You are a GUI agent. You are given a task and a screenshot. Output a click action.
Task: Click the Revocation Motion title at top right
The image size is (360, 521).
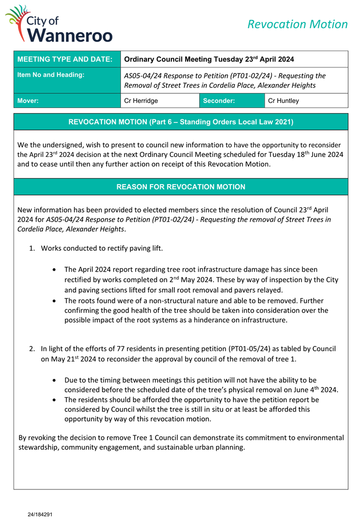coord(297,24)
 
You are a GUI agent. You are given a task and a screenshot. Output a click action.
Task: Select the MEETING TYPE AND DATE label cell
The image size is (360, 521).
coord(65,59)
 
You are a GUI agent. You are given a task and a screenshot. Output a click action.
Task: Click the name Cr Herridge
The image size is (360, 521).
coord(141,101)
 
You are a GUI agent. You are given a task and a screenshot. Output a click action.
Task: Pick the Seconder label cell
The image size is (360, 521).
coord(219,101)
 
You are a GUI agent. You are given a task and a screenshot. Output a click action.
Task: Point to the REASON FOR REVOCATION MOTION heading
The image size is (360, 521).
coord(181,187)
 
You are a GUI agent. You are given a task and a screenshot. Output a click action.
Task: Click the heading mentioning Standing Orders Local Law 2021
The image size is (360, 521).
coord(181,122)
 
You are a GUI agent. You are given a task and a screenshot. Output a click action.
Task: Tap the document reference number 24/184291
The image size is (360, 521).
coord(40,514)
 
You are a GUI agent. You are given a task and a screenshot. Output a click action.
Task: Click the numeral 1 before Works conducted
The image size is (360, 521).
coord(32,249)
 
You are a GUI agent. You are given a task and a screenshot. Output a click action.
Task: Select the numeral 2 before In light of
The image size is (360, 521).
coord(32,349)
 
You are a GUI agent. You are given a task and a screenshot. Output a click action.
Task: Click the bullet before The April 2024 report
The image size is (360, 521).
coord(55,270)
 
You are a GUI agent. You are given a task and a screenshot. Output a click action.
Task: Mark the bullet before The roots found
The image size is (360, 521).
coord(55,301)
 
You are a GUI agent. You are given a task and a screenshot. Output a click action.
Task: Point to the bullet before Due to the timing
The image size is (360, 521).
coord(55,380)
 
